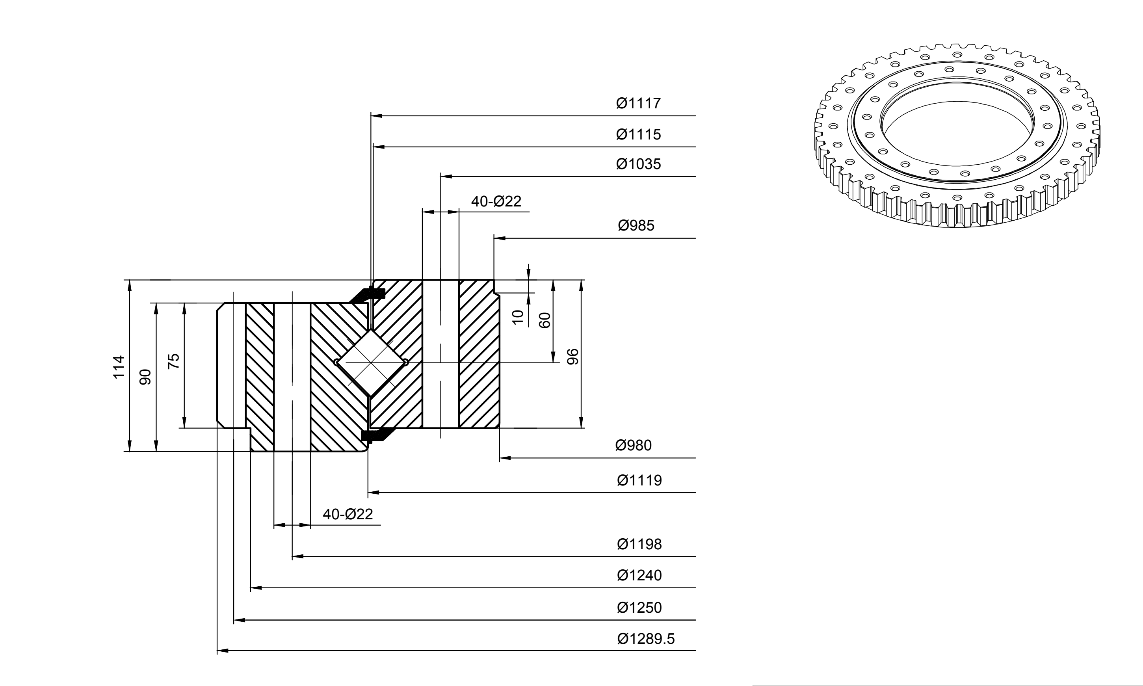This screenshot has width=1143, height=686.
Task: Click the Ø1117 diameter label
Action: pyautogui.click(x=638, y=103)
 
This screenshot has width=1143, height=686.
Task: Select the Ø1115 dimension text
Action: pyautogui.click(x=638, y=134)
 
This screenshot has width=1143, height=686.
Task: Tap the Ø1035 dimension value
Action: pyautogui.click(x=638, y=164)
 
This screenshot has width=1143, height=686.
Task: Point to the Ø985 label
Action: pyautogui.click(x=636, y=226)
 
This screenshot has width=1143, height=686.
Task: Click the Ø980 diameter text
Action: pyautogui.click(x=633, y=446)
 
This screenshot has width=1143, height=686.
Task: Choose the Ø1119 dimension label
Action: pyautogui.click(x=639, y=480)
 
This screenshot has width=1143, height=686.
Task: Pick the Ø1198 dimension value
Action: pyautogui.click(x=639, y=544)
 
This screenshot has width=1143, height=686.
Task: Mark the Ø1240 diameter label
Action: pyautogui.click(x=639, y=576)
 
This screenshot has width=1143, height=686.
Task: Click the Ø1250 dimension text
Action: pyautogui.click(x=639, y=608)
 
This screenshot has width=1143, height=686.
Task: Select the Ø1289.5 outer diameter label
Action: pyautogui.click(x=646, y=639)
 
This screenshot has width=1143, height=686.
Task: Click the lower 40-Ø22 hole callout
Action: pyautogui.click(x=348, y=514)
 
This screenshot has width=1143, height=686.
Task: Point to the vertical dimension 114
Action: pyautogui.click(x=119, y=366)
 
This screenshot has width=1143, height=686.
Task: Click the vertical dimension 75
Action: pyautogui.click(x=173, y=361)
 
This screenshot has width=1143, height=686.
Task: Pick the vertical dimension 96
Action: pyautogui.click(x=572, y=357)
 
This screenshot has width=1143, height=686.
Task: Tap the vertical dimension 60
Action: pyautogui.click(x=545, y=320)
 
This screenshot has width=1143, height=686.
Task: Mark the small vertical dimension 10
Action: pyautogui.click(x=518, y=317)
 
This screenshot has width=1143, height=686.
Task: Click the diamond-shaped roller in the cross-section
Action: pyautogui.click(x=371, y=363)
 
